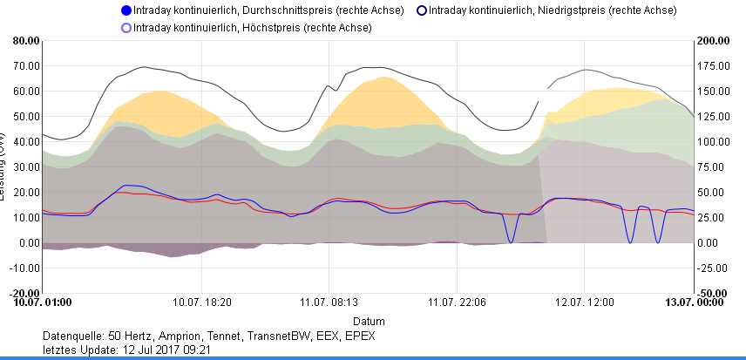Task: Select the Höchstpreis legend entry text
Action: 253,28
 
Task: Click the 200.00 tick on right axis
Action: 714,40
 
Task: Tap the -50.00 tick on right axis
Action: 714,293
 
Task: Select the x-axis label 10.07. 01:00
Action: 42,302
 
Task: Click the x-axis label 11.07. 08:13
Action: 329,302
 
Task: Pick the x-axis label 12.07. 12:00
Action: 587,302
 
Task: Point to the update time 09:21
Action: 197,350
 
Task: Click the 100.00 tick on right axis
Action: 714,141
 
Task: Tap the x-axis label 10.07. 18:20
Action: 202,302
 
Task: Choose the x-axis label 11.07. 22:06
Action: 455,302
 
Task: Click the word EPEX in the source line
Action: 359,336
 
